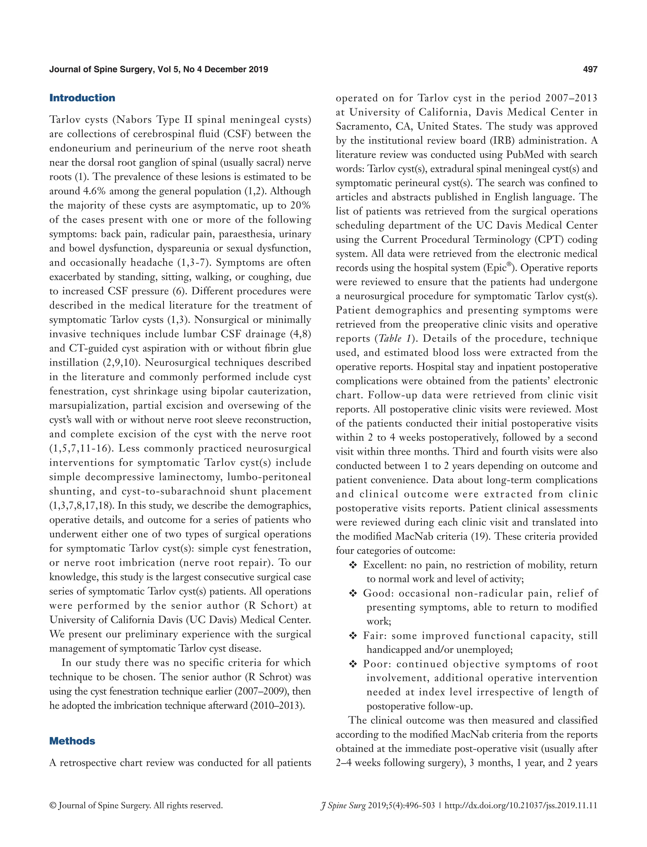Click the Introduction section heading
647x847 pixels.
click(82, 98)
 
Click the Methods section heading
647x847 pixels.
click(72, 741)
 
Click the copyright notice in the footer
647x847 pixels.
click(136, 805)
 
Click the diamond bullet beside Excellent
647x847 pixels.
click(353, 565)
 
